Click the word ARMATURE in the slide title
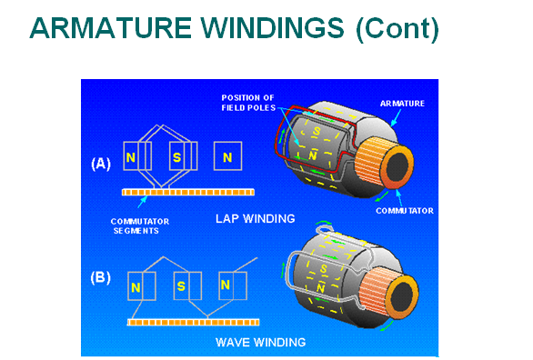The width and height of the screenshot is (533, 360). (x=111, y=28)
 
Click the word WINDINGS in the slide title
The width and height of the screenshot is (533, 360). (x=272, y=28)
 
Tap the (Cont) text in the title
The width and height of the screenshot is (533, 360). (x=397, y=29)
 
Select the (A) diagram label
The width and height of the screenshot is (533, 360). (x=101, y=164)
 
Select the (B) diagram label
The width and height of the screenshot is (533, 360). (x=101, y=278)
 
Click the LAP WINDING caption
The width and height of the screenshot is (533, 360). (x=256, y=219)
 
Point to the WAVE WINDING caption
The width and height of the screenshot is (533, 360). (x=261, y=342)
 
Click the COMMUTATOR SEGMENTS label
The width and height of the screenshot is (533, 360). (x=140, y=226)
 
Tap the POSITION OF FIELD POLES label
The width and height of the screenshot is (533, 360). (x=248, y=103)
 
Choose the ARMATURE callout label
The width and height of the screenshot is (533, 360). (x=402, y=104)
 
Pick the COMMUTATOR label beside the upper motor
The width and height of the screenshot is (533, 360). (x=405, y=211)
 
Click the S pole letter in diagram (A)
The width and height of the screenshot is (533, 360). (x=176, y=157)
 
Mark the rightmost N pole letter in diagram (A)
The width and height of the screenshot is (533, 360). (x=227, y=157)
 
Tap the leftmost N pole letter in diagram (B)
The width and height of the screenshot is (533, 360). (x=136, y=288)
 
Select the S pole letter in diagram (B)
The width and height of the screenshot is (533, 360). (x=181, y=286)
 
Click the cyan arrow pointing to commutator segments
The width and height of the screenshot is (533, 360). (x=143, y=202)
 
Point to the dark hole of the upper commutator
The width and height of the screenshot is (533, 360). (x=397, y=165)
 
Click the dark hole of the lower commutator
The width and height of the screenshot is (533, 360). (x=402, y=295)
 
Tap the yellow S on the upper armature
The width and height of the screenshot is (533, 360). (x=317, y=131)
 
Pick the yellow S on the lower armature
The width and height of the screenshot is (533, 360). (x=323, y=269)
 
